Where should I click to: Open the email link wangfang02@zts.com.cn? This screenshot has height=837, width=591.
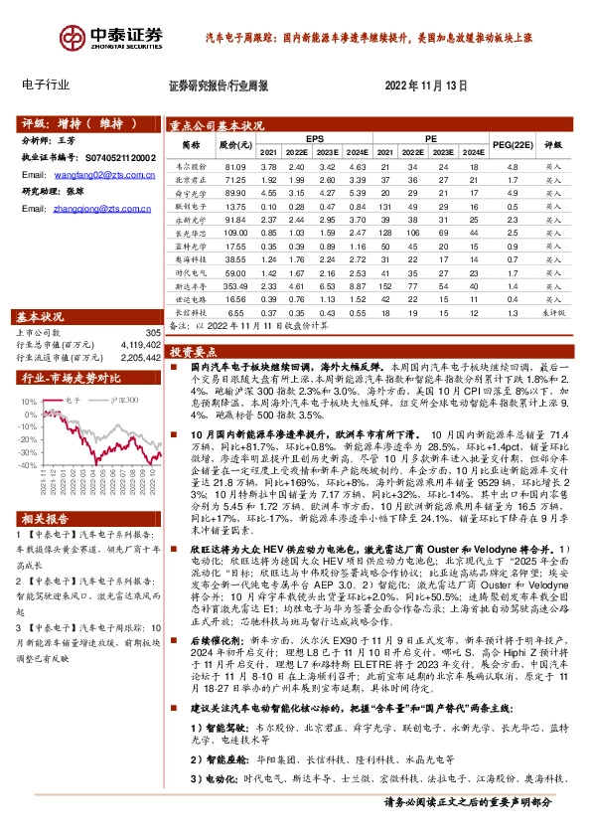(x=91, y=174)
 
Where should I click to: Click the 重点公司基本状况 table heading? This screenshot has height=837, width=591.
(x=217, y=126)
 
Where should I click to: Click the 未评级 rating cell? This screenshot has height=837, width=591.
(x=552, y=312)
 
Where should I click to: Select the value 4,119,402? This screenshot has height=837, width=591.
(x=138, y=344)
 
